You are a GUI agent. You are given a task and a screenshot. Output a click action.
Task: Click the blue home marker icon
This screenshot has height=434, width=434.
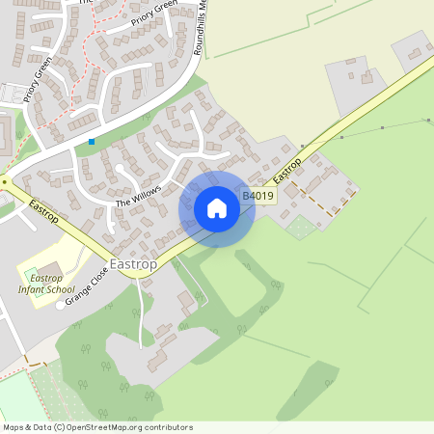[x=217, y=208]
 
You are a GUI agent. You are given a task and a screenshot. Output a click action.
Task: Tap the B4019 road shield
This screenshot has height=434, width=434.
[x=258, y=196]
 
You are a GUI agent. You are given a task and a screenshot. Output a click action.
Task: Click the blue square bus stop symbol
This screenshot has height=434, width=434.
[x=92, y=142]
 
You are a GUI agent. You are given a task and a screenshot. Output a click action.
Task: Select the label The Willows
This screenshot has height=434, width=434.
[x=136, y=196]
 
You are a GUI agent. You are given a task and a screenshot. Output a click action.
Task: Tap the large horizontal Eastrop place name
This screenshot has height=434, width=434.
[x=135, y=263]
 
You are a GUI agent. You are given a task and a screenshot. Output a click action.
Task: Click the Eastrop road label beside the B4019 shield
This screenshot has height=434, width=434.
[x=287, y=171]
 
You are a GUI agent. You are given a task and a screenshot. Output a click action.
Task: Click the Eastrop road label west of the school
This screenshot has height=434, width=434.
[x=43, y=211]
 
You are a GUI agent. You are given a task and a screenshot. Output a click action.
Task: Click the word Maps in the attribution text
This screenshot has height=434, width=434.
[x=14, y=427]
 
